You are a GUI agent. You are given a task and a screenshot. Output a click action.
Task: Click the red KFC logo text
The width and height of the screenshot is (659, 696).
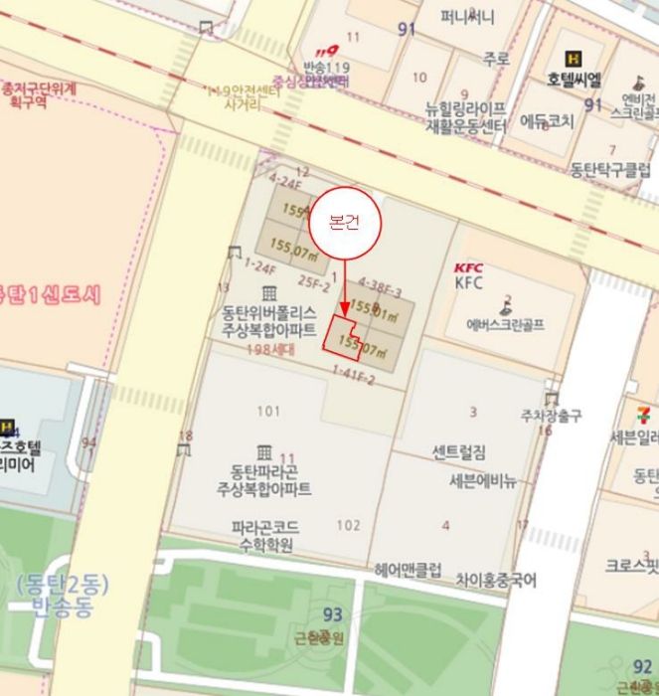(x=468, y=267)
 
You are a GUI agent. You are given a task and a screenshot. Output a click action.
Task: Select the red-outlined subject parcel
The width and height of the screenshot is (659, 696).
(x=343, y=339)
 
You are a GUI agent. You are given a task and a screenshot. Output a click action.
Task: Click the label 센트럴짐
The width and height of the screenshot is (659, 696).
(x=459, y=453)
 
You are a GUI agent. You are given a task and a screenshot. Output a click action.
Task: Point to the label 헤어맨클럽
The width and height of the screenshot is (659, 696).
(x=408, y=571)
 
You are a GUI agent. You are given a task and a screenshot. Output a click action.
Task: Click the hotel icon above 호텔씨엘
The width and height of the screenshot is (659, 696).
(x=573, y=59)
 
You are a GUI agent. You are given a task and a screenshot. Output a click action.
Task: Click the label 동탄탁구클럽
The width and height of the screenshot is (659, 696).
(x=610, y=169)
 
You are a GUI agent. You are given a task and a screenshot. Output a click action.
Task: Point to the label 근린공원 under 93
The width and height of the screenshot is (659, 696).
(x=319, y=638)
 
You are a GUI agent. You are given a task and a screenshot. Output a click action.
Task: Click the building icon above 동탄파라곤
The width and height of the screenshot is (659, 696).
(x=263, y=452)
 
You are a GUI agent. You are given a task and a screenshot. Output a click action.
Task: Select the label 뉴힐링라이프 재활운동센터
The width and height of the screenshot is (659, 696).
(x=466, y=116)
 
